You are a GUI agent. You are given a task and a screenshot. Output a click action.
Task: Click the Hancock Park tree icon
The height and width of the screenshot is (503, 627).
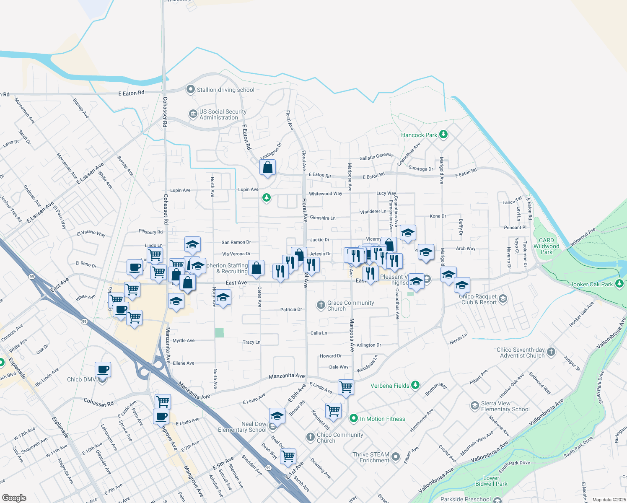point(443,135)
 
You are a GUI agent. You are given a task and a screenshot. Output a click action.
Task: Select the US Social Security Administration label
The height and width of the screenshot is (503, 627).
point(223,114)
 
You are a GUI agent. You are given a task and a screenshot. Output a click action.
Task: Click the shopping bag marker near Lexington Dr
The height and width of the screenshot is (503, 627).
point(267,168)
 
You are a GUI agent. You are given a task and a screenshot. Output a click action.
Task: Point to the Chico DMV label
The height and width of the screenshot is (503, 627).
point(81,379)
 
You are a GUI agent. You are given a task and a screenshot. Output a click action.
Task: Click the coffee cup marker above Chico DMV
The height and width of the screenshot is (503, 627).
point(103,370)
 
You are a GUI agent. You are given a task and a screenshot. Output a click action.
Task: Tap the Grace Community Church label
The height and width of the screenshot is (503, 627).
point(350,306)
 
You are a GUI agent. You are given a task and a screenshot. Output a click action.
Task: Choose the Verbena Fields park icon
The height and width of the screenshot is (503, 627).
point(415,385)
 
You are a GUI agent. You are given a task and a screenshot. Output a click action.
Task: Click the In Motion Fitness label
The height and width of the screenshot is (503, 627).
point(382,419)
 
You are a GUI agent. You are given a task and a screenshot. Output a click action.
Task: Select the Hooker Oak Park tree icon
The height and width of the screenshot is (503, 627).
point(619,284)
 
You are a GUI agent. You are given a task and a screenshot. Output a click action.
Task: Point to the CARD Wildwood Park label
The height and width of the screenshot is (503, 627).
point(547,246)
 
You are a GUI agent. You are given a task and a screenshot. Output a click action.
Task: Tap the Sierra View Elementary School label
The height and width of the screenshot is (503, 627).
point(505,406)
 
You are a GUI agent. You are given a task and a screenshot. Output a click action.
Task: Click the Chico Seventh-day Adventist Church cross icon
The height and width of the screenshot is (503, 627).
point(551,352)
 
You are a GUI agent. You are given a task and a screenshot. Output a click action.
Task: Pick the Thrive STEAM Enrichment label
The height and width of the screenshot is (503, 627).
point(371,457)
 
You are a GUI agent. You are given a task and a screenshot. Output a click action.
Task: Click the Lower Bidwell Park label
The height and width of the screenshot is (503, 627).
point(491,481)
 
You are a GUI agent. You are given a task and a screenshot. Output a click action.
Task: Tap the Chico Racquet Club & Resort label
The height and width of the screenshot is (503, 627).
point(478,299)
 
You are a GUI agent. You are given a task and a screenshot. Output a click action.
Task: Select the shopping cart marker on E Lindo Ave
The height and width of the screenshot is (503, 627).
point(346,387)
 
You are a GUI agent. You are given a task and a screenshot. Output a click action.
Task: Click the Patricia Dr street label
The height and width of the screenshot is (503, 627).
point(291,310)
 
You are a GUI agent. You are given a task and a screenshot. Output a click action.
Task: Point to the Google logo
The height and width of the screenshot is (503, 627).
point(14,498)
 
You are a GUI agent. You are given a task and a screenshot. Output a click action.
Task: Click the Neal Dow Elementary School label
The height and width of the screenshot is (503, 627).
point(242,427)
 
